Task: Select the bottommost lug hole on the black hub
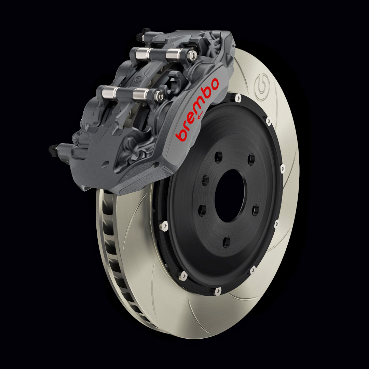coord(227,243)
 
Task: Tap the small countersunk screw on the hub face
coord(205,178)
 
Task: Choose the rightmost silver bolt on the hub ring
coord(282,168)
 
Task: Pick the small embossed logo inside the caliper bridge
coord(139,80)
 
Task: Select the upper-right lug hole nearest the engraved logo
coord(251,159)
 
